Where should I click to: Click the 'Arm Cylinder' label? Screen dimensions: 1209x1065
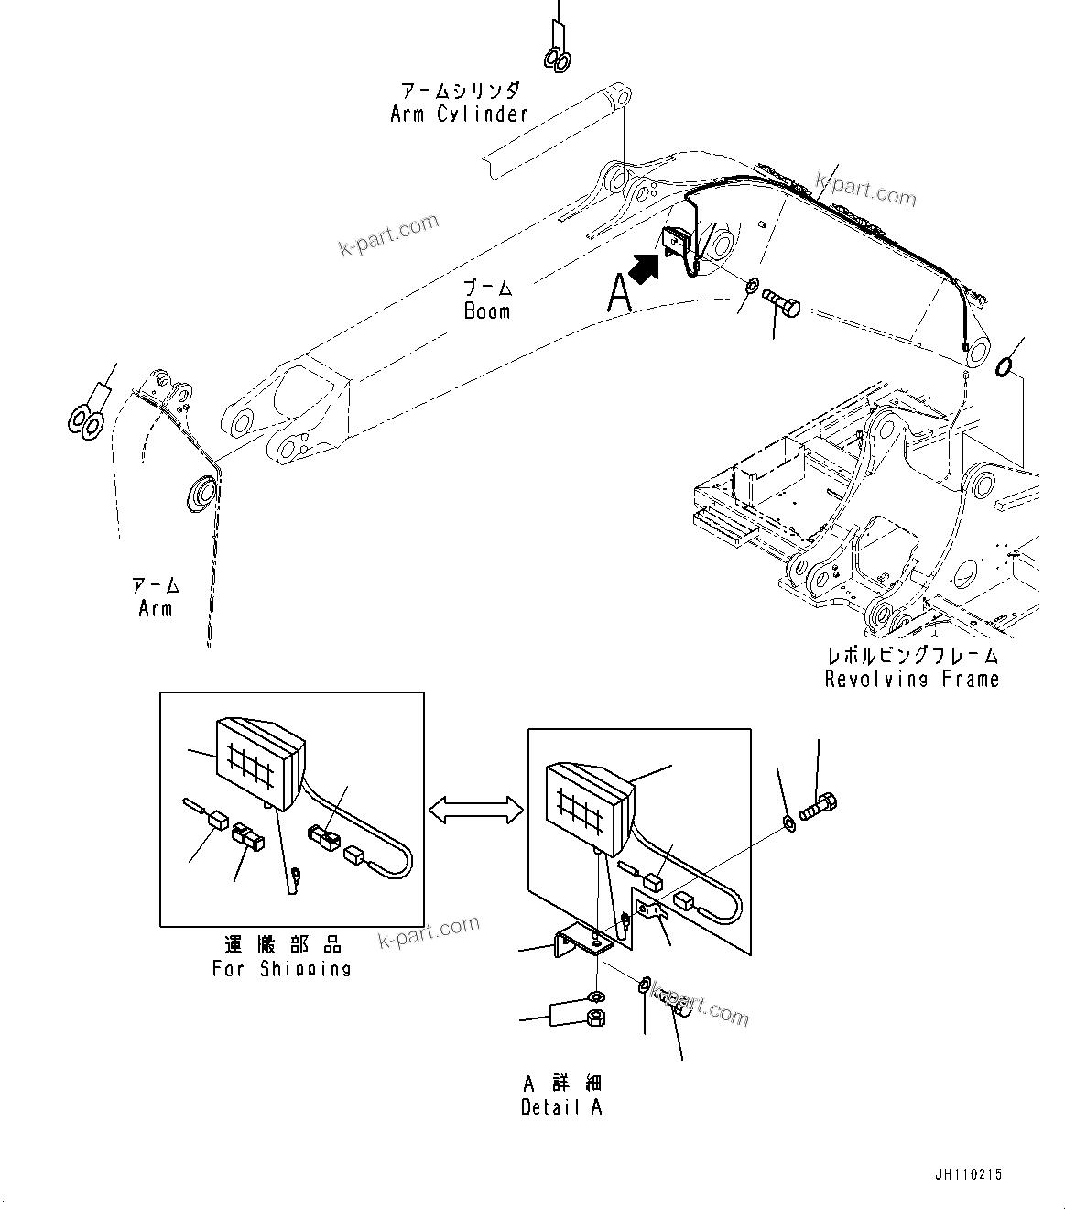[x=459, y=114]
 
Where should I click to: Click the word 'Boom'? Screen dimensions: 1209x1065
[x=486, y=310]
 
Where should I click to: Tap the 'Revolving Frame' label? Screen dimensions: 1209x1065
[x=911, y=679]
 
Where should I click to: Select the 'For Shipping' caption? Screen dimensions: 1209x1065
[x=282, y=968]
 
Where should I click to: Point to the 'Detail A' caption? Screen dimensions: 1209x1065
[x=561, y=1106]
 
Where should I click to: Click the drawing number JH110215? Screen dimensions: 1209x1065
[x=969, y=1174]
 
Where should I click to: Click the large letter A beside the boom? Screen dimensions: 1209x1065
[x=620, y=295]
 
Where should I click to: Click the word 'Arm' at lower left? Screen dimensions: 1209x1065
[x=155, y=608]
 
